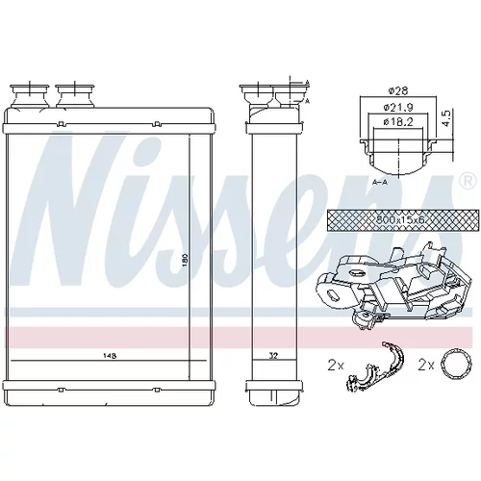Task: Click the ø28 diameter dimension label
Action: pyautogui.click(x=398, y=91)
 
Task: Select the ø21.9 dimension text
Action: pyautogui.click(x=398, y=107)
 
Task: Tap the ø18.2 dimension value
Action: pyautogui.click(x=398, y=121)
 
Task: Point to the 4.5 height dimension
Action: pyautogui.click(x=447, y=118)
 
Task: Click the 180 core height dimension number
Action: pyautogui.click(x=186, y=259)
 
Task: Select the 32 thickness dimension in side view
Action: pyautogui.click(x=273, y=355)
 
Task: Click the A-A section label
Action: pyautogui.click(x=380, y=182)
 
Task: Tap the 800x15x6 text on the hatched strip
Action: pyautogui.click(x=399, y=220)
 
